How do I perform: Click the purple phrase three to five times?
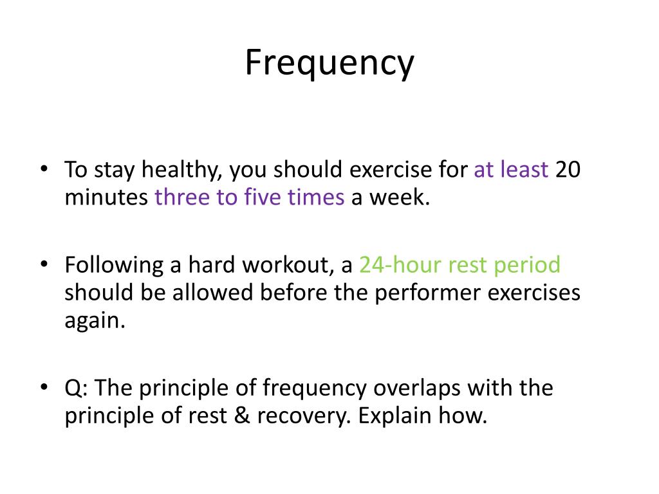(x=249, y=197)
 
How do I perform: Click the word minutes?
(x=106, y=197)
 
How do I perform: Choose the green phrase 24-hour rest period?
(x=459, y=265)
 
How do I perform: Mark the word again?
(x=93, y=320)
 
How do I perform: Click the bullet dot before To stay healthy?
(x=44, y=170)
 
